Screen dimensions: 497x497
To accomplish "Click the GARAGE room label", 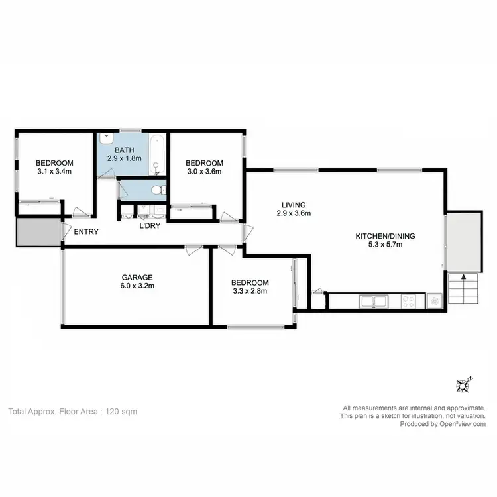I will coord(137,277).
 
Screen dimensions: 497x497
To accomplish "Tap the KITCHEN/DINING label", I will coord(379,235).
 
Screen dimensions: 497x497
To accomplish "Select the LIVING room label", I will coord(292,204).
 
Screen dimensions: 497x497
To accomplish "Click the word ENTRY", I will coord(86,231).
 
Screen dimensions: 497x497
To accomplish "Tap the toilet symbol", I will coord(156,190).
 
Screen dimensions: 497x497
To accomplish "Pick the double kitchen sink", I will coord(375,301).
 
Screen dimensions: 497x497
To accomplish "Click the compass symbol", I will coord(463,384).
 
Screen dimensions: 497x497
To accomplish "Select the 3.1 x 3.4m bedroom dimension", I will coord(54,172).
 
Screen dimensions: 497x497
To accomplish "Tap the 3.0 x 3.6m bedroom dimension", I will coord(204,172).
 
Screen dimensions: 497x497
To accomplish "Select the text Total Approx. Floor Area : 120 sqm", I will coord(72,411).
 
